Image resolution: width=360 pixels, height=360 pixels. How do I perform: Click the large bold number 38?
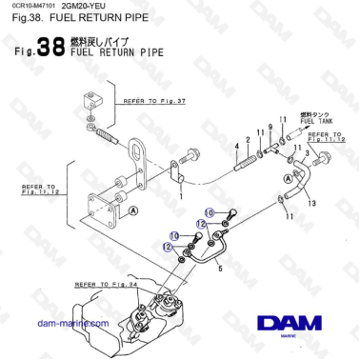point(51,50)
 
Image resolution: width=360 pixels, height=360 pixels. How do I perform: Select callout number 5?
point(222,270)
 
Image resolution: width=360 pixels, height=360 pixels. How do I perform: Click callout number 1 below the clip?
point(181,197)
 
